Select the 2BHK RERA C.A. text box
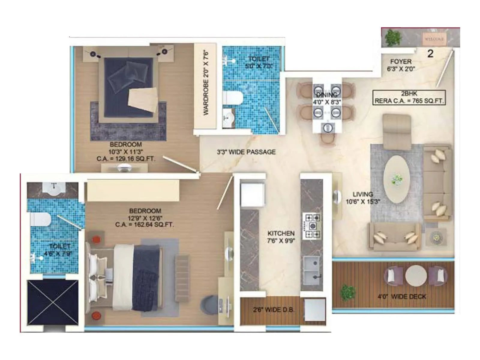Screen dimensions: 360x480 coord(409,97)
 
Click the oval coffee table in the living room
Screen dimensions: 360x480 coord(397,179)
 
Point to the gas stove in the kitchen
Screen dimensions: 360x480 coord(312,226)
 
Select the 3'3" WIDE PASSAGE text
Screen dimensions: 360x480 coord(246,152)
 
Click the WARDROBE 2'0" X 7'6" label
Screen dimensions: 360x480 coord(205,82)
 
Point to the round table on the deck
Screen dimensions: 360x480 coord(416,276)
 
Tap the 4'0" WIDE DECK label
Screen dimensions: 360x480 coord(402,297)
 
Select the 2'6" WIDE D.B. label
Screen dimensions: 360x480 coord(273,310)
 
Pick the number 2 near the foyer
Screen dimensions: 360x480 coord(430,54)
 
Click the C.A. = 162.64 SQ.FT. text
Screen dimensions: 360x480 coord(144,225)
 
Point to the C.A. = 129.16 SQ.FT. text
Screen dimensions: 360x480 coord(126,159)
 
